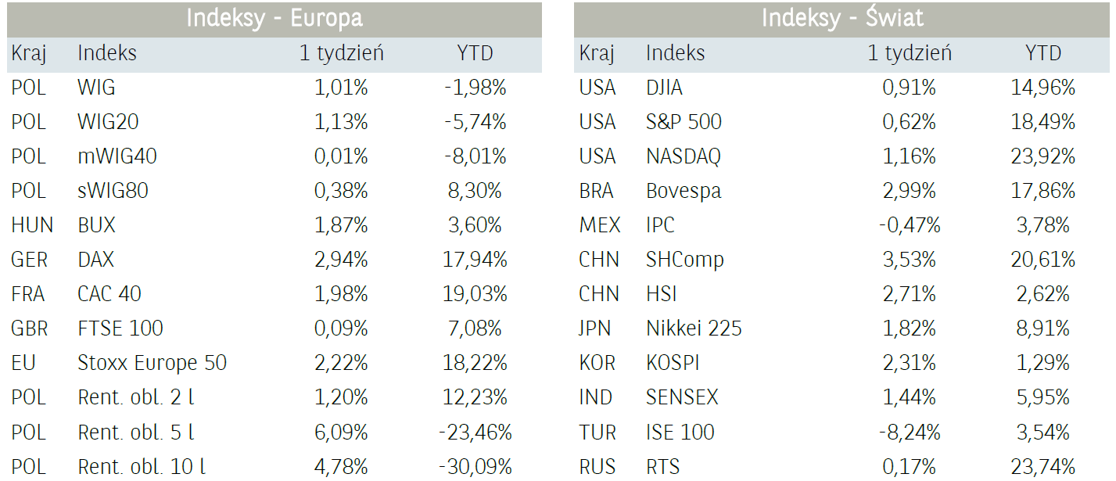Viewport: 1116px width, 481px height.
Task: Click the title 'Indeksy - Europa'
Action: pos(274,19)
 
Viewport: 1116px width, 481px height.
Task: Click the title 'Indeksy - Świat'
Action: pos(842,19)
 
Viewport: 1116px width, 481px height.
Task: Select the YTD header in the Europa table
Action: pos(475,54)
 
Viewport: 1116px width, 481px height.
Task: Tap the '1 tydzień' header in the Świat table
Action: pos(910,54)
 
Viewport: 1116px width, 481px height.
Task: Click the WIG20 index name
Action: pos(108,122)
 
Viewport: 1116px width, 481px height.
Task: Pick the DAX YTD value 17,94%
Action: pos(475,260)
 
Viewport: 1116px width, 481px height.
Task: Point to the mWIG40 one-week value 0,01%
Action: pos(341,156)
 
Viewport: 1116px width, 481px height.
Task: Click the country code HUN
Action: pos(32,225)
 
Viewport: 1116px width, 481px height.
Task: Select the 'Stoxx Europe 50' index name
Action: pos(152,363)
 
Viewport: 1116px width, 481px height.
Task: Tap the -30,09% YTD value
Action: pos(475,467)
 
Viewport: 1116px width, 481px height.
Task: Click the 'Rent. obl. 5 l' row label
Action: pos(136,433)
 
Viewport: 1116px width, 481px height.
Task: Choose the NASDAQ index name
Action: pos(684,156)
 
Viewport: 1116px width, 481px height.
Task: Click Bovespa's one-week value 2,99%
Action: pos(910,191)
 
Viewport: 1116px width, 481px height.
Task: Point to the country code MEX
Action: pos(599,225)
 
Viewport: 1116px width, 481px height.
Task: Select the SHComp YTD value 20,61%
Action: pos(1043,260)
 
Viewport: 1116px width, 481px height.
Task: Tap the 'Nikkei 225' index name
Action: pos(694,328)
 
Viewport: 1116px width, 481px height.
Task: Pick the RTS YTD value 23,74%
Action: pos(1043,467)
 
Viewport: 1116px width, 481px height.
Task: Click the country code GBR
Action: pos(30,328)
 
